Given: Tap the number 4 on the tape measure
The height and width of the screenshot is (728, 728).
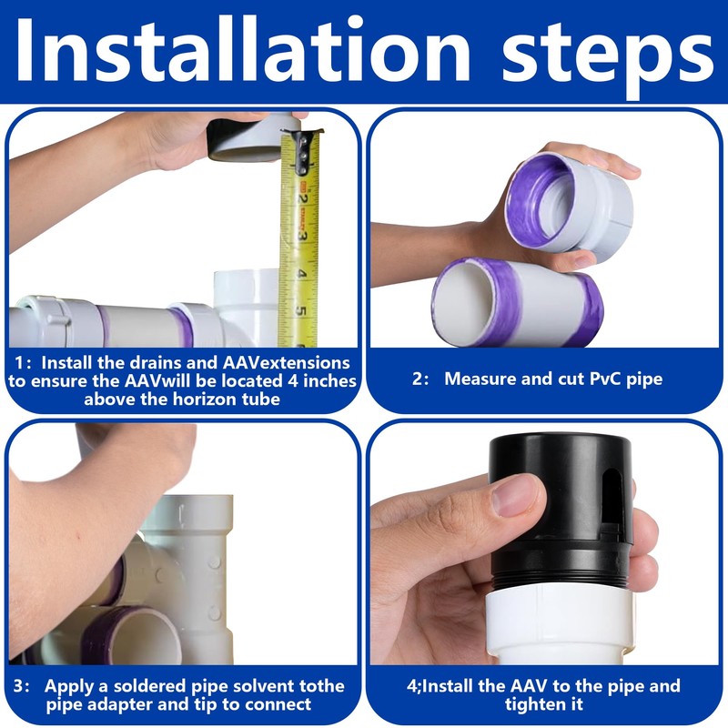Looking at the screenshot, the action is (x=301, y=274).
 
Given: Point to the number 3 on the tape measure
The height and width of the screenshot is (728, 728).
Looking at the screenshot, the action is (x=301, y=235).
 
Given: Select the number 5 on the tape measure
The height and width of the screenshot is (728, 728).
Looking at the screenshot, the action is (x=301, y=311).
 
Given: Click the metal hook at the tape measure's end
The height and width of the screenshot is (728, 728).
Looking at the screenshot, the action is (x=303, y=147).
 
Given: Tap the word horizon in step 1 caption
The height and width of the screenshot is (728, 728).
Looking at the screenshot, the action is (x=203, y=399).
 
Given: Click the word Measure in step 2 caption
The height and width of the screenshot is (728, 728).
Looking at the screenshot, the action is (x=480, y=379).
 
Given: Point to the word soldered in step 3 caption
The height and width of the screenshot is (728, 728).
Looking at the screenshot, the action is (x=150, y=686).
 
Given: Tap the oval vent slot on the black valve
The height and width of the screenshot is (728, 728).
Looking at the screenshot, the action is (x=613, y=493).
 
